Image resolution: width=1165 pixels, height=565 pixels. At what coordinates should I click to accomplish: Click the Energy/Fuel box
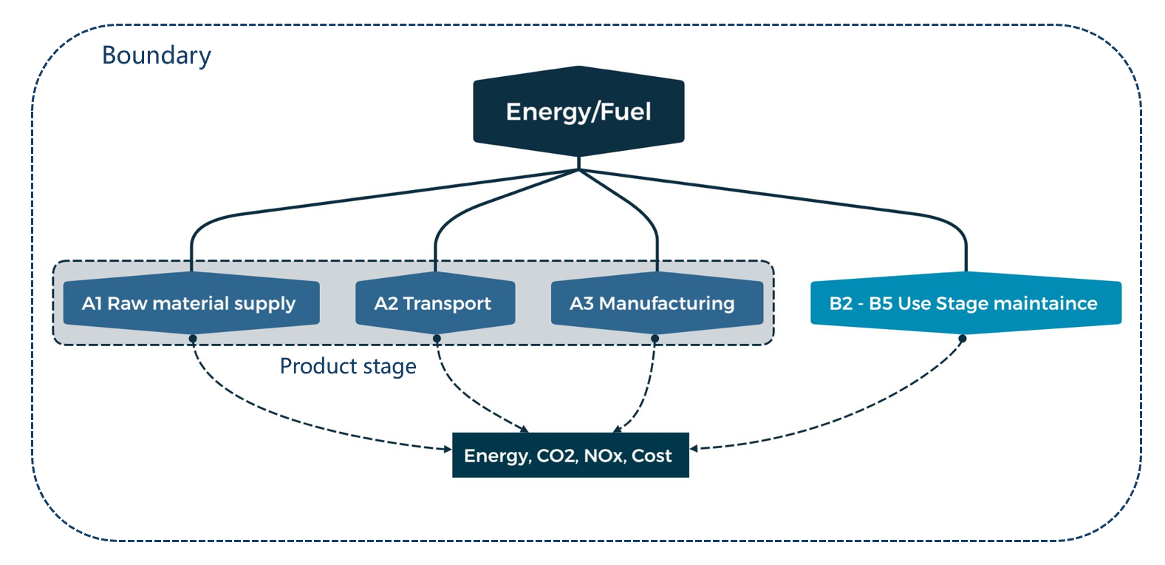(578, 111)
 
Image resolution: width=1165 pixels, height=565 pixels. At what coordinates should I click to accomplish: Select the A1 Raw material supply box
(191, 303)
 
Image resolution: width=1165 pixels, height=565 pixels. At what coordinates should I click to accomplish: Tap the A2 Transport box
(435, 303)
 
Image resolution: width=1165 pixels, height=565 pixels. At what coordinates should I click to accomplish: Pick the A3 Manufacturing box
(657, 303)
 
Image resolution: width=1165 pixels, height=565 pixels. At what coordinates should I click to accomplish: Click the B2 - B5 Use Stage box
(966, 303)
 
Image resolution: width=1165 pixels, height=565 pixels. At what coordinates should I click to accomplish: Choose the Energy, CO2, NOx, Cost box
(570, 455)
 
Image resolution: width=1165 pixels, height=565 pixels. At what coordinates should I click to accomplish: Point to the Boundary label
(156, 55)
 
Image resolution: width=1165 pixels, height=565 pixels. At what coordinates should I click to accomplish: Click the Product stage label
(348, 366)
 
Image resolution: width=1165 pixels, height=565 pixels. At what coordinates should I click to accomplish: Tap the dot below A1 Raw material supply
(192, 339)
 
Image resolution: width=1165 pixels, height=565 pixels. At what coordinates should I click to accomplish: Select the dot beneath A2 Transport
(437, 339)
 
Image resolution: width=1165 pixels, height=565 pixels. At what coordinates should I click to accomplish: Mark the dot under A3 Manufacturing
(655, 339)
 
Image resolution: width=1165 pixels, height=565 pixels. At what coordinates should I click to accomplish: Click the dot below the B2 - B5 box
(962, 339)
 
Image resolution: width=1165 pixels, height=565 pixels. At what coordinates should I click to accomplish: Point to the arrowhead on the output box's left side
(448, 449)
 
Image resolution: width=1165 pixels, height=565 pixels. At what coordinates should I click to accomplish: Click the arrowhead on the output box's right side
(694, 448)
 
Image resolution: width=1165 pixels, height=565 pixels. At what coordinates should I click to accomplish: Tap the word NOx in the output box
(605, 456)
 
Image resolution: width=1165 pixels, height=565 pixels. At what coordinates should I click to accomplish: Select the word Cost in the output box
(652, 456)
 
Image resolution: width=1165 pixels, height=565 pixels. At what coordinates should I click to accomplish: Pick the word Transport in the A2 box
(447, 304)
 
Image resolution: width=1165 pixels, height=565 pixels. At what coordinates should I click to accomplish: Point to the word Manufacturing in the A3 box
(667, 304)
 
